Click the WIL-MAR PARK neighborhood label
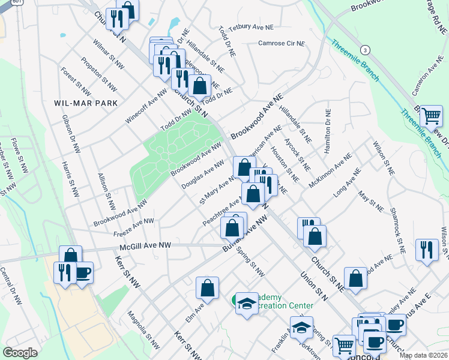click(x=86, y=103)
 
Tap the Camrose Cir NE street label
click(x=282, y=44)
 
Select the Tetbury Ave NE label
click(x=250, y=27)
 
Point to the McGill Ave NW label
click(x=145, y=245)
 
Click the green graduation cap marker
click(x=246, y=304)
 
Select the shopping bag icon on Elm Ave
click(x=207, y=288)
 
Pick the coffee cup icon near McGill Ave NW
click(x=82, y=273)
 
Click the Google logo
click(x=20, y=353)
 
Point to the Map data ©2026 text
click(x=423, y=355)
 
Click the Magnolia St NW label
click(x=143, y=329)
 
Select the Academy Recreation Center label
click(x=282, y=301)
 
